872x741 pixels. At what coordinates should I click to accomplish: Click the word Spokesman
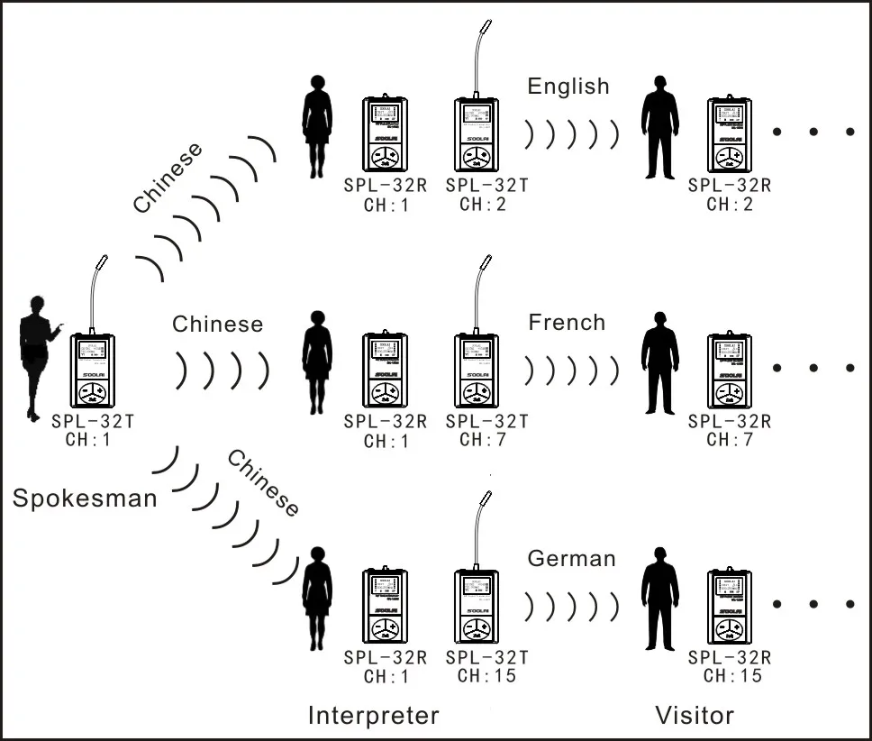[85, 497]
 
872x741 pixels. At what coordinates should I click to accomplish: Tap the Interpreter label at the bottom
[373, 715]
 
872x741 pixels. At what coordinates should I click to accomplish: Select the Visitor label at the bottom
[694, 715]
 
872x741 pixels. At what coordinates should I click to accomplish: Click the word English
[568, 87]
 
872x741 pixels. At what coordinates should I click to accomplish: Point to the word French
[567, 323]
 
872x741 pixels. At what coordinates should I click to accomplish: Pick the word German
[571, 558]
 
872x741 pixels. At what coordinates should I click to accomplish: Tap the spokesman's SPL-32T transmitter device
[92, 373]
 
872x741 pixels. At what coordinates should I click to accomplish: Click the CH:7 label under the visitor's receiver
[730, 440]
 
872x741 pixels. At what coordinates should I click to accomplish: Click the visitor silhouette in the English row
[659, 126]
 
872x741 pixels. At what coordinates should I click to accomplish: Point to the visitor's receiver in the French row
[730, 370]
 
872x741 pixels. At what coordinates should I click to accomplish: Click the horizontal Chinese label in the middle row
[218, 324]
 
